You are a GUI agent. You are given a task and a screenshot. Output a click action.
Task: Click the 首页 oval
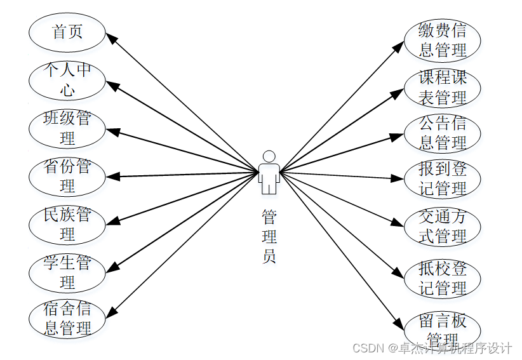click(67, 32)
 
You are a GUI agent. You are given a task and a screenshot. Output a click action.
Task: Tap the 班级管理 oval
click(67, 128)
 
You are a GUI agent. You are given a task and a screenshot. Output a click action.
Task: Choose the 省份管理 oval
click(67, 176)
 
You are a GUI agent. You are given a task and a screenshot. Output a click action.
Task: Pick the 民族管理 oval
click(67, 224)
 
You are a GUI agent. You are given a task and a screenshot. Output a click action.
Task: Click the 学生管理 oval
click(67, 272)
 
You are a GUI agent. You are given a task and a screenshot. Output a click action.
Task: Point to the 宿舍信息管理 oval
click(67, 319)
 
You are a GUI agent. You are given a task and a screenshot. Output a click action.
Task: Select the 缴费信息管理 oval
click(443, 39)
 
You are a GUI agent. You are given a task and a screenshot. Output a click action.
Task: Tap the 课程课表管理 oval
click(443, 88)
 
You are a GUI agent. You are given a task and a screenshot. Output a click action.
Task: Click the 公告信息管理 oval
click(443, 133)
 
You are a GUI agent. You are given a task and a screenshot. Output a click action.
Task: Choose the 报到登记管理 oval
click(443, 179)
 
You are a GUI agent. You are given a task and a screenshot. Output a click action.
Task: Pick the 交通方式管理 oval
click(443, 227)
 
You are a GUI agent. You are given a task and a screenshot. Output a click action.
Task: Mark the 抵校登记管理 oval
click(443, 277)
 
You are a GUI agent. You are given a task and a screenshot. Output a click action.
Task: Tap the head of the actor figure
click(269, 156)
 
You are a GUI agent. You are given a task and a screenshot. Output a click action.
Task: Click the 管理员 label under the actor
click(269, 237)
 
